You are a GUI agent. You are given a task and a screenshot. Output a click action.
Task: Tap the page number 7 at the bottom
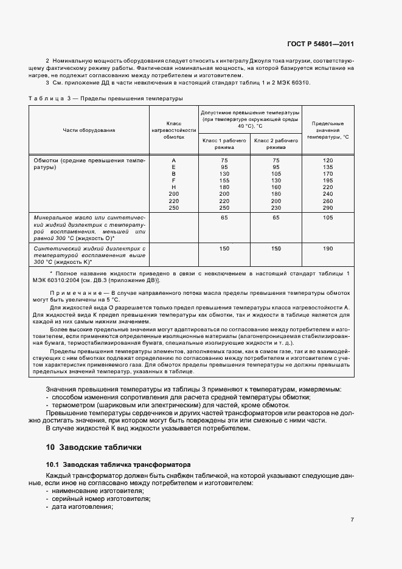tap(352, 519)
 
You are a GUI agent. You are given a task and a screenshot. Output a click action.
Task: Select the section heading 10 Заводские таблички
tap(94, 447)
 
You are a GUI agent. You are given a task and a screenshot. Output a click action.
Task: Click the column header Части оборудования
tap(89, 130)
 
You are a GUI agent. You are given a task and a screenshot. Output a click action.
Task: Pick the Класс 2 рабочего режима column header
tap(276, 143)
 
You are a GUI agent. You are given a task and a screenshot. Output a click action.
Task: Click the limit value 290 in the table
tap(328, 208)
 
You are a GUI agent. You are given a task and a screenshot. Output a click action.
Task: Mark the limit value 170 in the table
tap(328, 173)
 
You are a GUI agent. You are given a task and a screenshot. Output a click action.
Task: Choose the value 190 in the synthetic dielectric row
tap(328, 249)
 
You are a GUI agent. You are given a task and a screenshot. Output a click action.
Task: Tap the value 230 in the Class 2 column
tap(276, 208)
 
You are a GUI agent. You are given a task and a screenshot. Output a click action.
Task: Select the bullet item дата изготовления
tap(81, 506)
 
